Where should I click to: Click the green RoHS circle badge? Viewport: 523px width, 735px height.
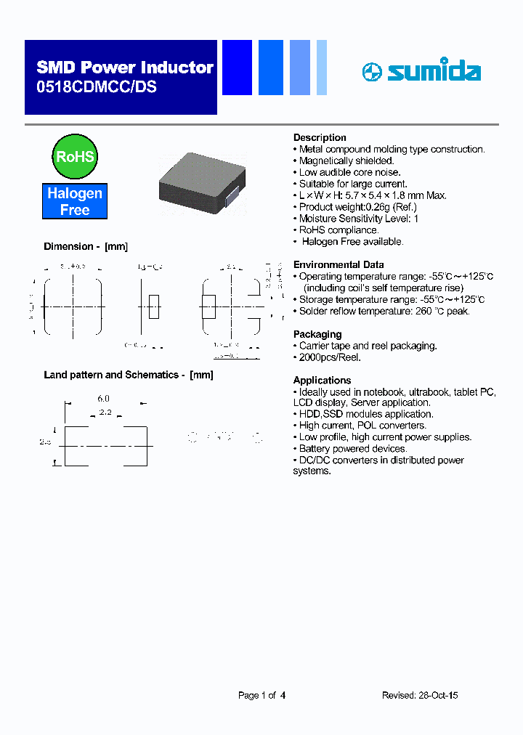coord(75,156)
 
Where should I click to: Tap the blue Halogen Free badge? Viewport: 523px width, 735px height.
coord(75,201)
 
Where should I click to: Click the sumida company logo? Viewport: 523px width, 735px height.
coord(421,72)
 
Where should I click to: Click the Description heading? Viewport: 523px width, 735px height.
coord(320,137)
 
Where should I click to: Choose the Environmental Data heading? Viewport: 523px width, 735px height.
coord(338,264)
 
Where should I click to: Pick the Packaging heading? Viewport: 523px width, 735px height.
coord(317,334)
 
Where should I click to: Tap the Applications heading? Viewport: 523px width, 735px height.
coord(322,380)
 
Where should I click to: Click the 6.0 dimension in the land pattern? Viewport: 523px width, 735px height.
coord(103,399)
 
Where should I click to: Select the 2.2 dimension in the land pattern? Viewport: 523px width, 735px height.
coord(105,412)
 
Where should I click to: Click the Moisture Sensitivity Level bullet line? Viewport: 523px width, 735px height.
coord(359,219)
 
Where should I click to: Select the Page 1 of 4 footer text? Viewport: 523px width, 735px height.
coord(261,695)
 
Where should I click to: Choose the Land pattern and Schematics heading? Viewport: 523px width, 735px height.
coord(128,375)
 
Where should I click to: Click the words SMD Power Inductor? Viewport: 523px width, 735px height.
coord(125,68)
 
